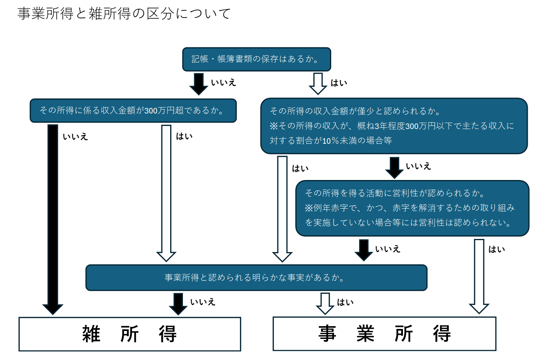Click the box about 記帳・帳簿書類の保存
(x=257, y=59)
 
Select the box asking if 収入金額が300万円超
(x=133, y=111)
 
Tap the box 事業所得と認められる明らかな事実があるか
(x=256, y=278)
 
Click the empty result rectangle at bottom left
(x=130, y=334)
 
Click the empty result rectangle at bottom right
(x=385, y=334)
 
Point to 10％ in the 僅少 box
(x=330, y=141)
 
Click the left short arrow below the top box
(x=198, y=84)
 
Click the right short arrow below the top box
(x=318, y=84)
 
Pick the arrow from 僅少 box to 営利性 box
(x=395, y=168)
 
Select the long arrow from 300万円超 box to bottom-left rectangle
(x=53, y=219)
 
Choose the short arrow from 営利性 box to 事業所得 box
(x=363, y=250)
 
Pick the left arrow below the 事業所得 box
(x=178, y=304)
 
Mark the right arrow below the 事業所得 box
(x=325, y=304)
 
